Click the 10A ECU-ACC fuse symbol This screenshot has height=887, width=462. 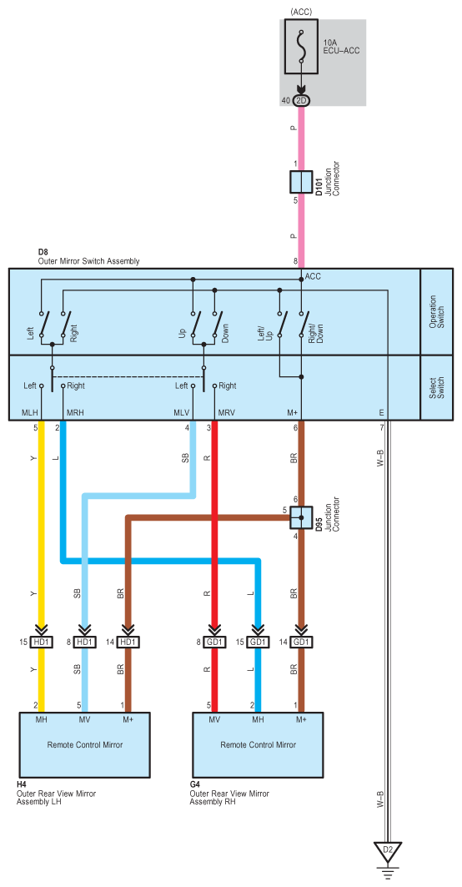(x=301, y=47)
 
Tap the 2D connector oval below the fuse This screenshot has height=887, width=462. (x=301, y=100)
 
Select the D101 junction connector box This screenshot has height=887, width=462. (x=301, y=182)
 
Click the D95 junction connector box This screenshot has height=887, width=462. (x=301, y=517)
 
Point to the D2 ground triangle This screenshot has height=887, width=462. (x=387, y=851)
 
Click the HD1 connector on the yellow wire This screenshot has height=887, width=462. (x=41, y=642)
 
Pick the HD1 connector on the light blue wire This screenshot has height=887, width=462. (x=85, y=642)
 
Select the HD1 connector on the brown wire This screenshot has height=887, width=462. (x=128, y=642)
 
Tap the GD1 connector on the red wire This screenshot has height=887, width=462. (x=215, y=642)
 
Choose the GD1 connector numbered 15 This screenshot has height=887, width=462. (x=258, y=642)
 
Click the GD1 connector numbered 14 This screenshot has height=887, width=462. (x=301, y=642)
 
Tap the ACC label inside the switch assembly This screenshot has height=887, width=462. (x=313, y=277)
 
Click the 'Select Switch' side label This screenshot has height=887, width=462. (x=437, y=387)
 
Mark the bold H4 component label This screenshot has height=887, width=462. (x=22, y=785)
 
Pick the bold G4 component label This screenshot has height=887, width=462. (x=194, y=785)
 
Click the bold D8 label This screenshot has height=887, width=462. (x=43, y=253)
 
